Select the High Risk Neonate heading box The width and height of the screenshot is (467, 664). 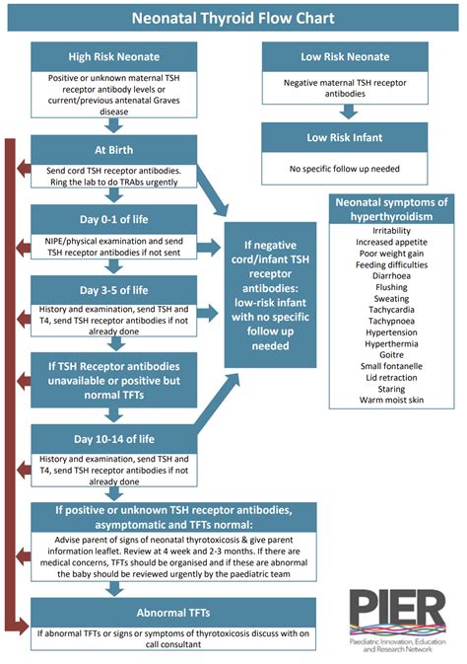tap(114, 56)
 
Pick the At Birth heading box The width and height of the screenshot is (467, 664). tap(114, 151)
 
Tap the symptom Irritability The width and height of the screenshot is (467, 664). tap(393, 229)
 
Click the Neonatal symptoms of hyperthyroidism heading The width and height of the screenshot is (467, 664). tap(393, 208)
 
